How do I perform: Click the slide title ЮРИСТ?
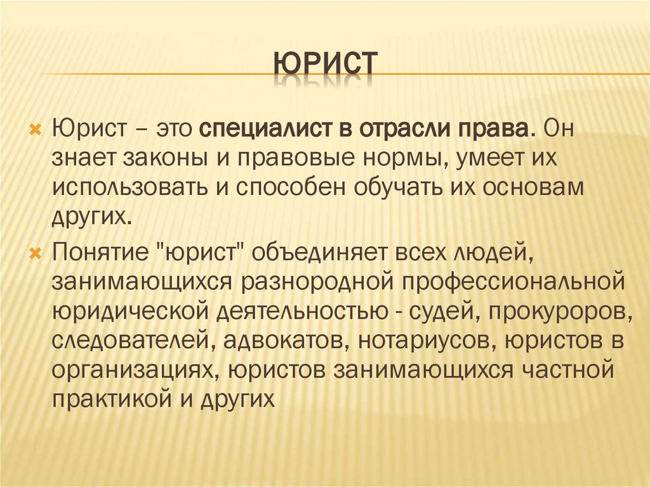(x=325, y=65)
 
